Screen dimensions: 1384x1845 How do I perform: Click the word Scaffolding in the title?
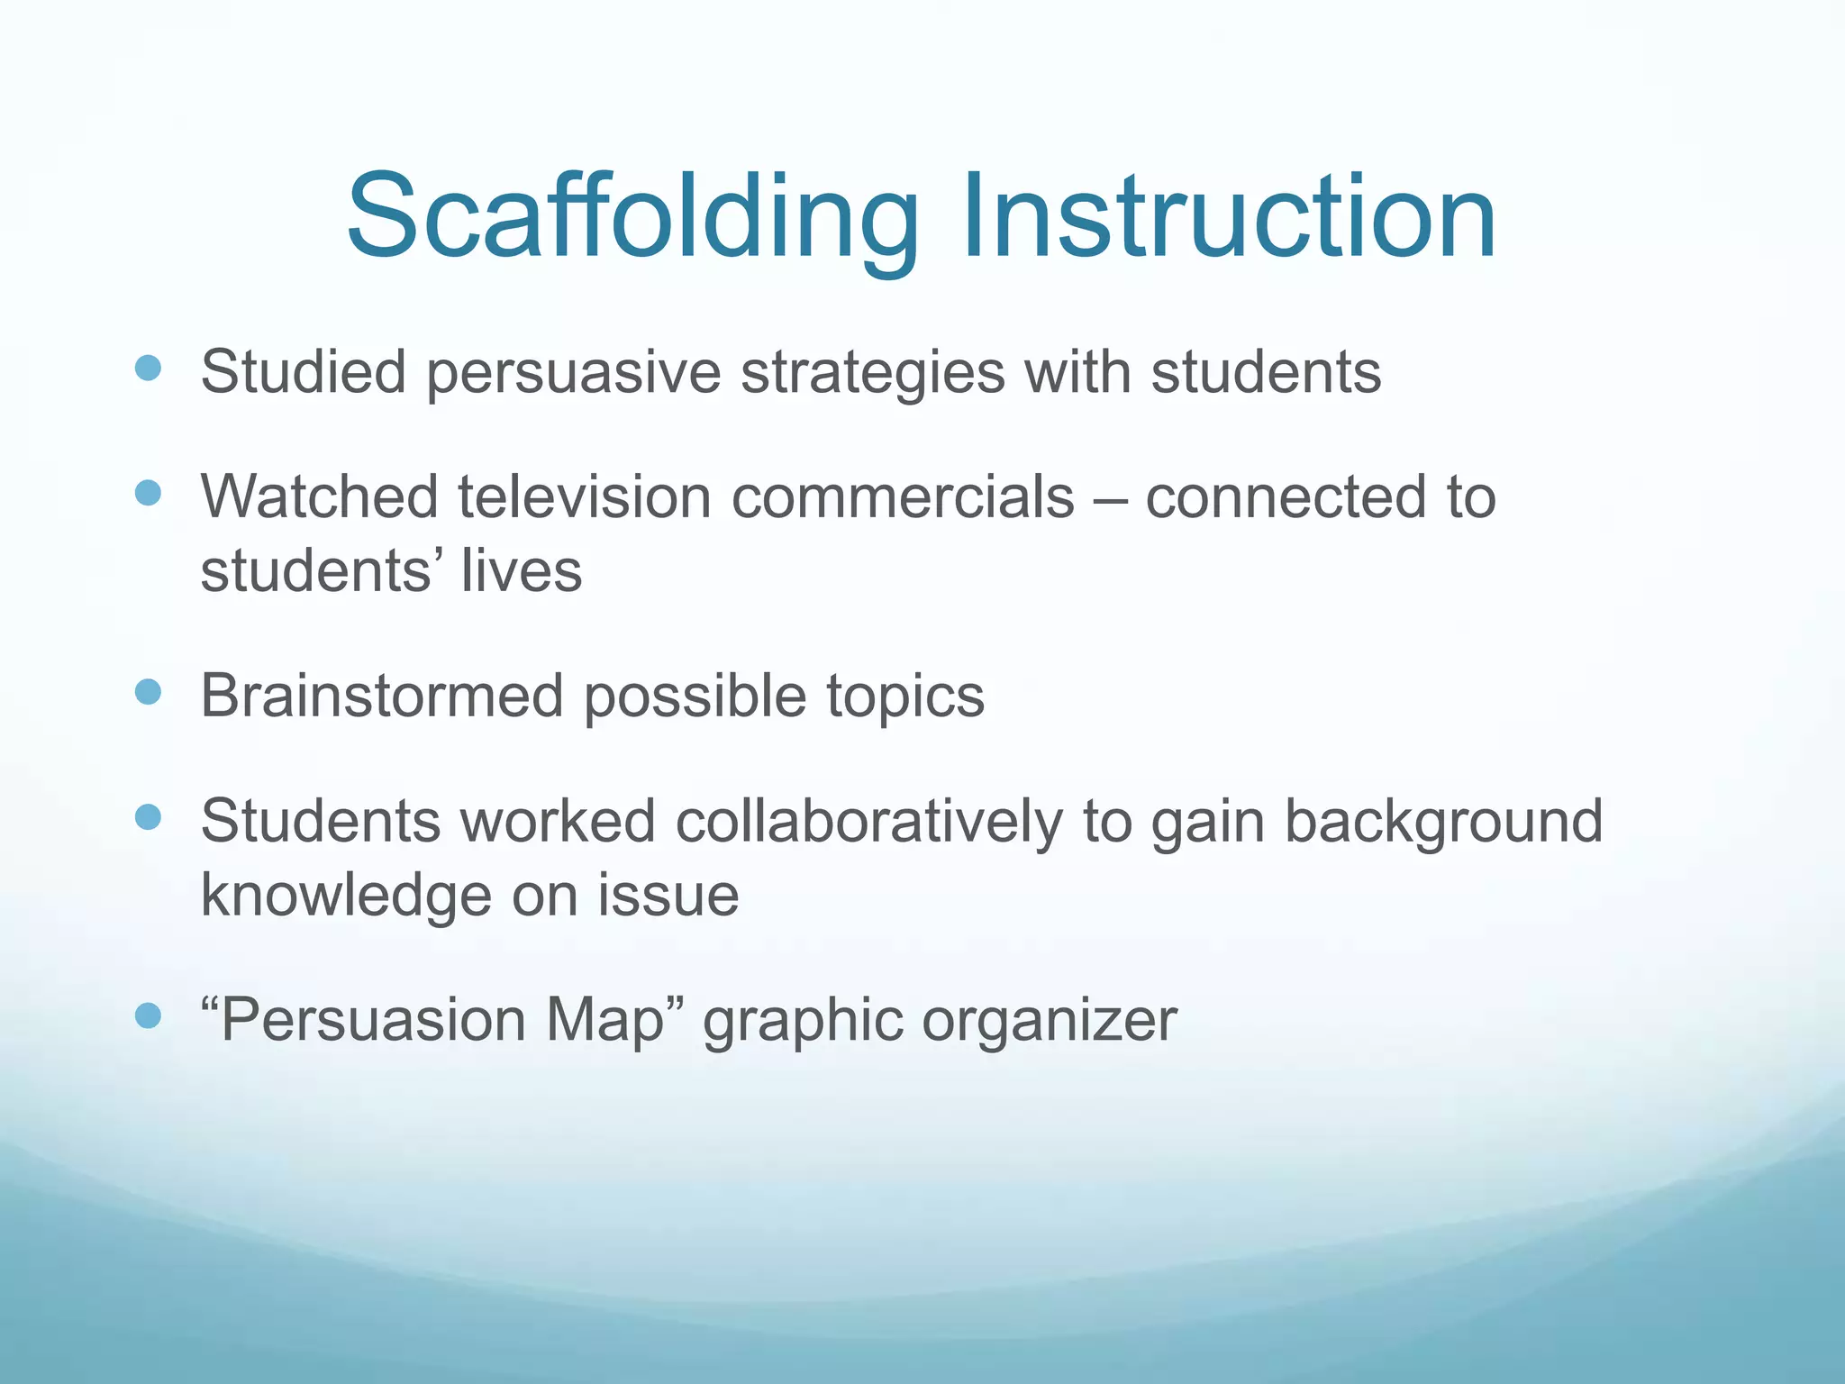tap(631, 218)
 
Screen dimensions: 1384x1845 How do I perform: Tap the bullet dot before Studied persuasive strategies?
tap(148, 368)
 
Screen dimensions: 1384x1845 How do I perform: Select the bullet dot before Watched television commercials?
tap(148, 493)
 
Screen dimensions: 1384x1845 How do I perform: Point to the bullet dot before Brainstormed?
tap(148, 692)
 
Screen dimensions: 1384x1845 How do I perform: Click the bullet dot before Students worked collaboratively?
tap(148, 817)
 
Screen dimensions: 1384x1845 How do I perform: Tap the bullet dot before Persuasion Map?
tap(148, 1016)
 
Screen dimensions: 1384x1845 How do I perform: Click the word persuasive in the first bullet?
tap(573, 373)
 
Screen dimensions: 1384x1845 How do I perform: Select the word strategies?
tap(872, 373)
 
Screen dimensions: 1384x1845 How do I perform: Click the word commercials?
tap(903, 497)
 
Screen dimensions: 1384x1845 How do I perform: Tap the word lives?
tap(522, 571)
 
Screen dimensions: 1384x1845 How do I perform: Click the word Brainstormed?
tap(382, 697)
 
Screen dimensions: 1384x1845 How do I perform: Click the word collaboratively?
tap(868, 823)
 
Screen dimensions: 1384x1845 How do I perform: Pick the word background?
tap(1443, 823)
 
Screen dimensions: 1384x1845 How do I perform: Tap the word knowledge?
tap(346, 896)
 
